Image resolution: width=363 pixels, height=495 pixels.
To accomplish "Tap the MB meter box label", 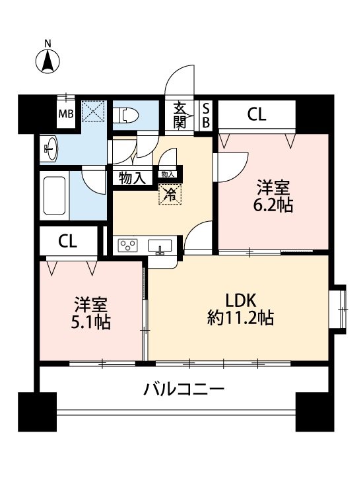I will coord(66,114).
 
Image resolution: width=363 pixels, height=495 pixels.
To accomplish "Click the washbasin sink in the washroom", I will coord(51,148).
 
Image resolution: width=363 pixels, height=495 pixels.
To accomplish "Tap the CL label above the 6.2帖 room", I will coord(256,115).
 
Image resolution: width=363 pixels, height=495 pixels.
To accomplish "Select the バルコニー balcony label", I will coord(184,388).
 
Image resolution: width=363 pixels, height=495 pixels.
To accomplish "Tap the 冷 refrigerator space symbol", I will coord(168,194).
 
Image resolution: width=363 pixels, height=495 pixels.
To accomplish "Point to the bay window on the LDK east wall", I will coord(340,306).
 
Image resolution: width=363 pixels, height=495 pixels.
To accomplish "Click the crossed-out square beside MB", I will coord(93,112).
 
